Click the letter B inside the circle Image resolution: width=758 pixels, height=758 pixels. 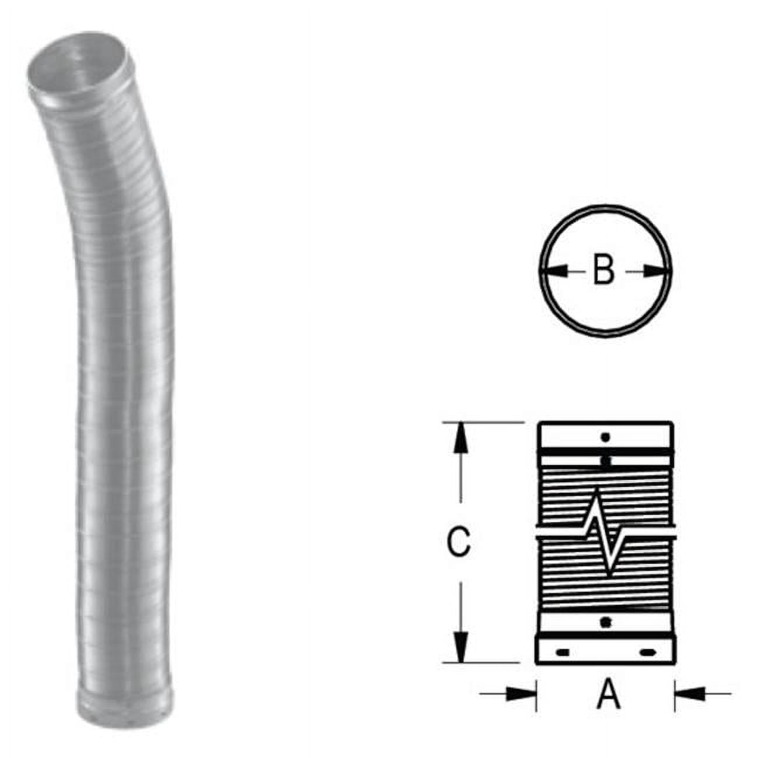tap(604, 271)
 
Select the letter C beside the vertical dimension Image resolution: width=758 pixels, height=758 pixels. tap(458, 542)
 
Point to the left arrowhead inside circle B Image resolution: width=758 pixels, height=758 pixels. tap(555, 271)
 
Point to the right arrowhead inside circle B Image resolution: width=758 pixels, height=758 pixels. tap(654, 271)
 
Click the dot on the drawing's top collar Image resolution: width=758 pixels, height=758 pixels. tap(605, 436)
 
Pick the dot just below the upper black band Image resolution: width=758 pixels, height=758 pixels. tap(605, 461)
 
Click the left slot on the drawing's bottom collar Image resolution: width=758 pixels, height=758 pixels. tap(563, 652)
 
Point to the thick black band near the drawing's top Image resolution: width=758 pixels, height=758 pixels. tap(605, 451)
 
